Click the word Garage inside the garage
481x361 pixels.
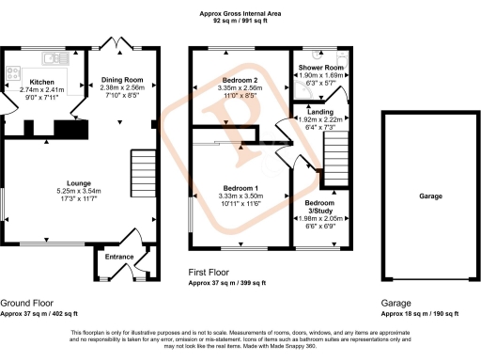click(x=430, y=196)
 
